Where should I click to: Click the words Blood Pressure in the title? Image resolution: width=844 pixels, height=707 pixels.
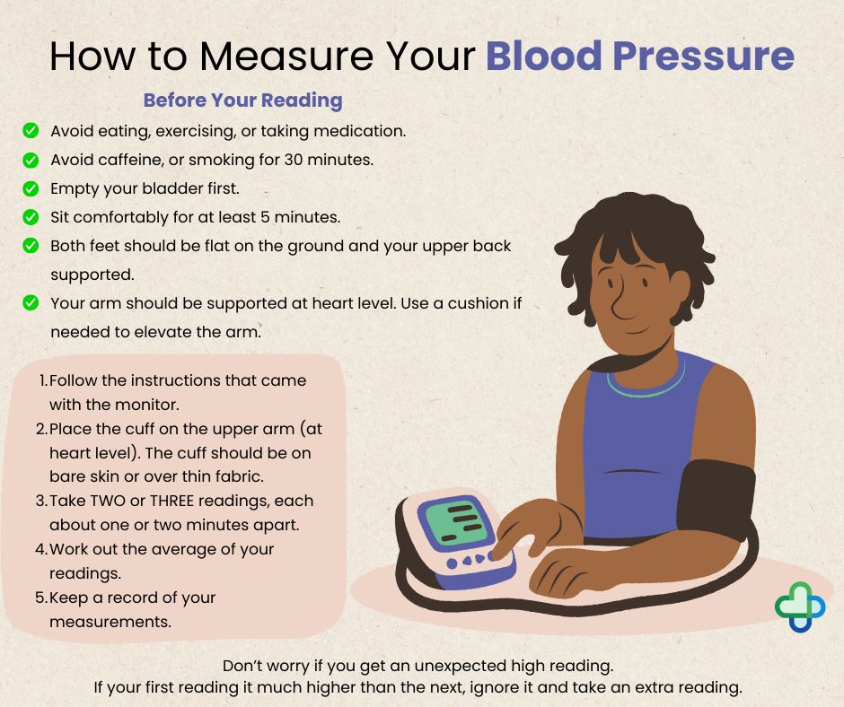[639, 56]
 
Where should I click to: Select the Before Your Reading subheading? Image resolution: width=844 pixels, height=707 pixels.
[242, 100]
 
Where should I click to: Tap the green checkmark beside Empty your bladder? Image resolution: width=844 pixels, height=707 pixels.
[31, 188]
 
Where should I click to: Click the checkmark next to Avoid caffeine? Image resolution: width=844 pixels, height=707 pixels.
[31, 160]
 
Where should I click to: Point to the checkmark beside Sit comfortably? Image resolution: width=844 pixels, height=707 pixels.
[31, 217]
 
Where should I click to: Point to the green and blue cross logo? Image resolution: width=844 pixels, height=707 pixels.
[799, 607]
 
